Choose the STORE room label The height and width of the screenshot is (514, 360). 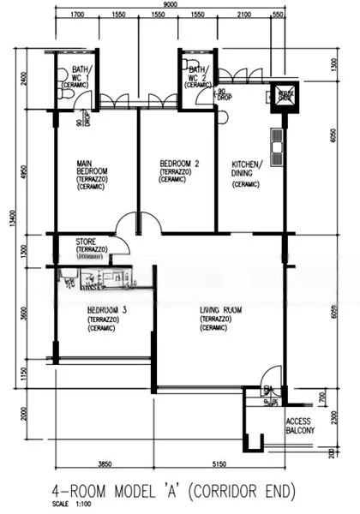[x=88, y=242]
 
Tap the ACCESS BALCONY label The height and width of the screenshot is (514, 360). [x=300, y=426]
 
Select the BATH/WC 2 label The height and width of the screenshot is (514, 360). [x=197, y=75]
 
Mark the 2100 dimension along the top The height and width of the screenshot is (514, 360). [x=244, y=15]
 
